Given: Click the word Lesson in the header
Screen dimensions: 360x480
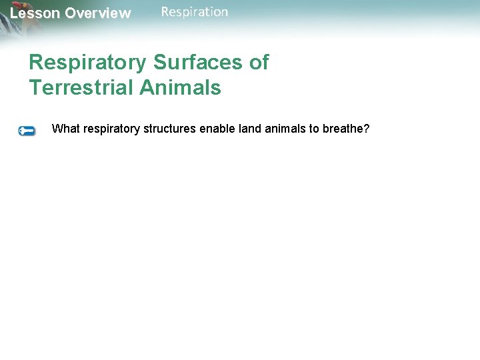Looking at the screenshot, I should pos(35,13).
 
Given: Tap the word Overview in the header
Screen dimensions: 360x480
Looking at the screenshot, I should pos(97,13).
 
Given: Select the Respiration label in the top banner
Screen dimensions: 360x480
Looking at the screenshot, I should pos(195,12).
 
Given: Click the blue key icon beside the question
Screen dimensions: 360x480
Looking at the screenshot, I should pos(27,131).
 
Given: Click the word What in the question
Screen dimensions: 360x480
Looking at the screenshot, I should pos(65,129).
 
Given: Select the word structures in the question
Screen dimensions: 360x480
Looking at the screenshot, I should pos(167,129).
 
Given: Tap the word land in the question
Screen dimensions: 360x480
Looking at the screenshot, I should pos(246,129).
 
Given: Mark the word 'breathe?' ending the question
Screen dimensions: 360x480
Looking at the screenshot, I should pos(346,129).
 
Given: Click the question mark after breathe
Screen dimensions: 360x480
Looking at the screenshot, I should pos(366,129).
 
